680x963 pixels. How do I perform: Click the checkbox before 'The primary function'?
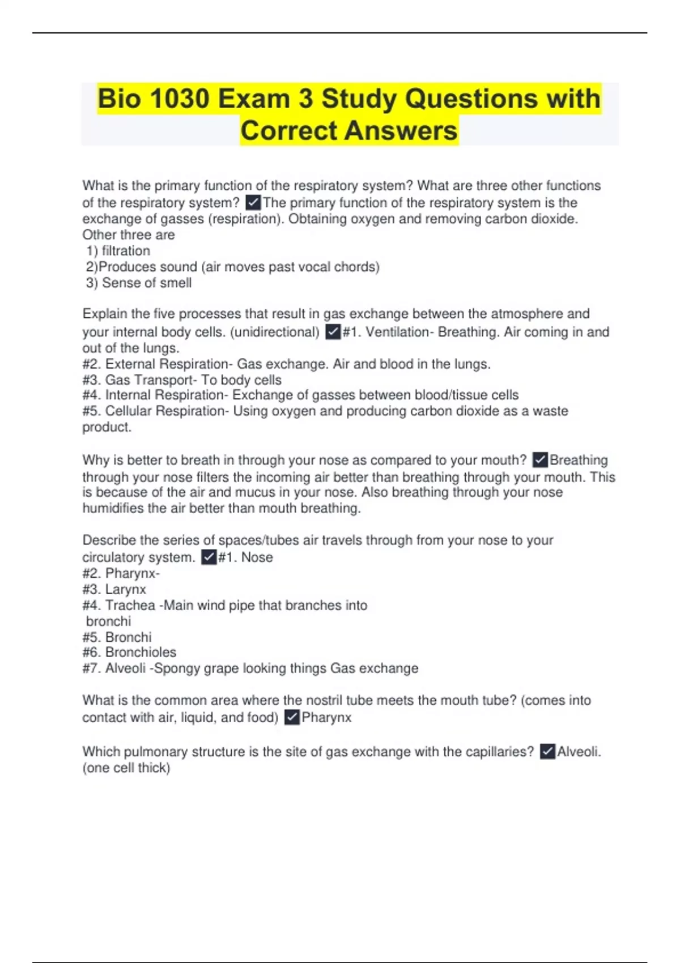tap(253, 202)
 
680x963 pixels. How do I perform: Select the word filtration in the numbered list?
tap(126, 251)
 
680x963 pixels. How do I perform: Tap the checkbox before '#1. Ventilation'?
tap(333, 331)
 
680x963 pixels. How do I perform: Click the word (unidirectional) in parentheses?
tap(275, 332)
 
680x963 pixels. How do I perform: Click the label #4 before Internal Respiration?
tap(91, 395)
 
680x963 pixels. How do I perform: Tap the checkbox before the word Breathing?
tap(541, 459)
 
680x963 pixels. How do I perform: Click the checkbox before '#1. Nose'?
tap(209, 557)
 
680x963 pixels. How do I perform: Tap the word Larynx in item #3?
tap(125, 589)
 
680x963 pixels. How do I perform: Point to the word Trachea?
tap(130, 605)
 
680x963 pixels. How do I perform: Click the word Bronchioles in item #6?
tap(141, 652)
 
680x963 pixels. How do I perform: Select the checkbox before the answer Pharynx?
tap(292, 717)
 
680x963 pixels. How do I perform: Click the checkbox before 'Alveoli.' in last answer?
tap(547, 751)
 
